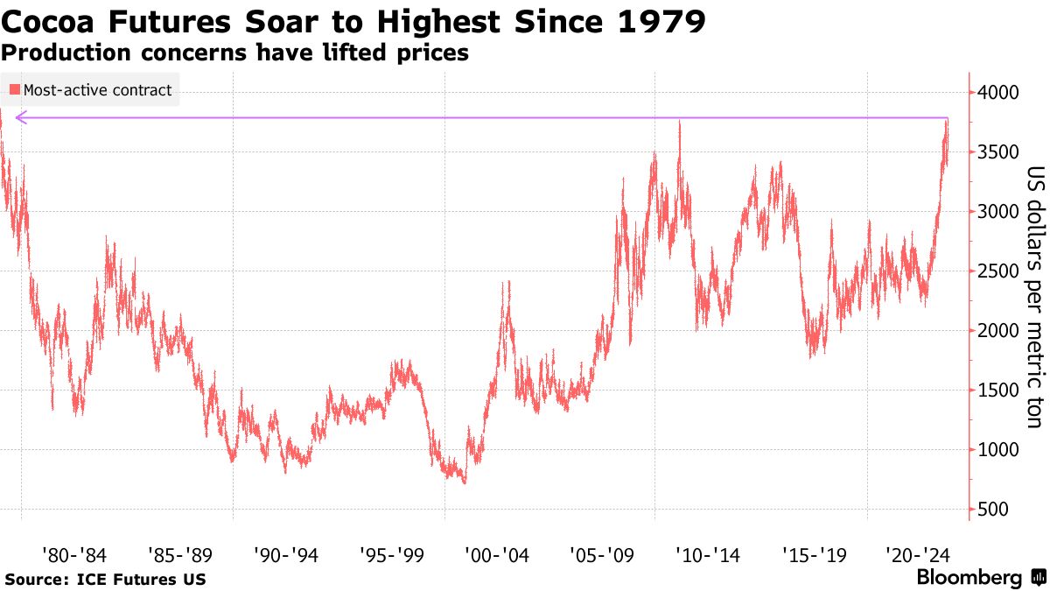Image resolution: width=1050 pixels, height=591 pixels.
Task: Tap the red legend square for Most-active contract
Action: tap(15, 89)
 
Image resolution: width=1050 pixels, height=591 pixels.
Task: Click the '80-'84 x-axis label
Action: tap(74, 554)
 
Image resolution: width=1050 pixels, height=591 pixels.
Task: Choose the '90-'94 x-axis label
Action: tap(286, 554)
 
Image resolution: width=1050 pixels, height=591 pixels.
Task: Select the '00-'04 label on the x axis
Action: tap(498, 554)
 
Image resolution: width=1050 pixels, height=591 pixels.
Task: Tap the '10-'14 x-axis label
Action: tap(710, 554)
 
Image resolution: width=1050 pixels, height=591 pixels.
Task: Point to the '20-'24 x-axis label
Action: tap(920, 554)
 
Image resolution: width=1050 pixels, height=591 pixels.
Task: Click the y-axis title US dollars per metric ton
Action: tap(1033, 298)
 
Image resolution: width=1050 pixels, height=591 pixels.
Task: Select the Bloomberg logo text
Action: tap(969, 578)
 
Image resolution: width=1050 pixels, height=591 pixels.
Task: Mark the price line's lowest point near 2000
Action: tap(464, 482)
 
